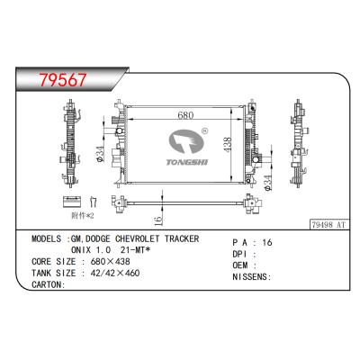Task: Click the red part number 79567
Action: [63, 79]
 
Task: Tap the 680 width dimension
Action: [185, 115]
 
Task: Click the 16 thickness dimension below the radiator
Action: [159, 220]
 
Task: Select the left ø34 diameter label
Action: [100, 154]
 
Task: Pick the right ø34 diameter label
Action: [267, 183]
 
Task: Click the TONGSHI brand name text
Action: [187, 162]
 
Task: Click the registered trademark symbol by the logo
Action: [205, 130]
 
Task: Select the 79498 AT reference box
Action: [329, 224]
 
